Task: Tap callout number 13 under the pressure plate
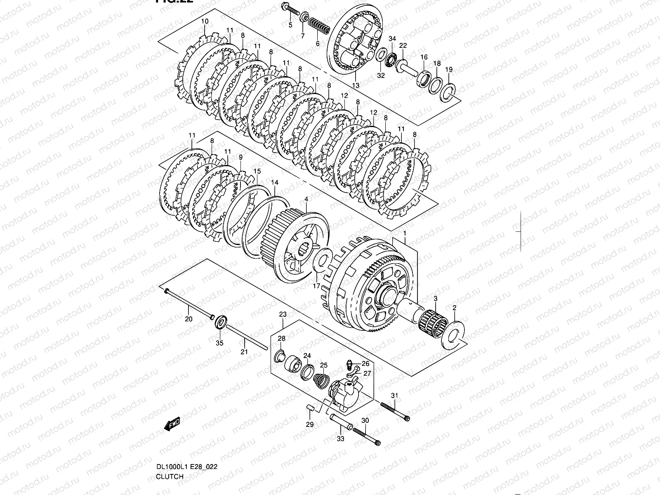point(356,85)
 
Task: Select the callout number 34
point(392,38)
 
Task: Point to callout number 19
point(449,69)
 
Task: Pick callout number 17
point(316,285)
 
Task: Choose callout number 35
point(219,343)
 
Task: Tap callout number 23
point(283,314)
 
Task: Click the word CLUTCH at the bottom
point(170,476)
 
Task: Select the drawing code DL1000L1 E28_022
point(186,467)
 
